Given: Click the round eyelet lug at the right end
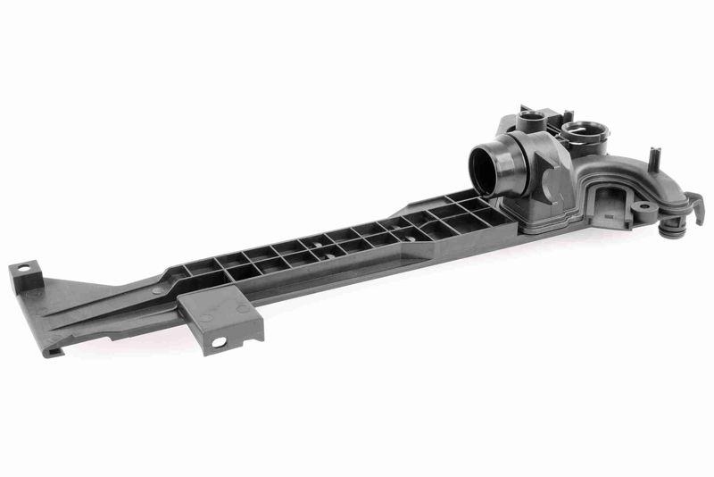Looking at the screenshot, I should (641, 206).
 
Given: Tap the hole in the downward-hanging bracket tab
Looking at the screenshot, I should (217, 342).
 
